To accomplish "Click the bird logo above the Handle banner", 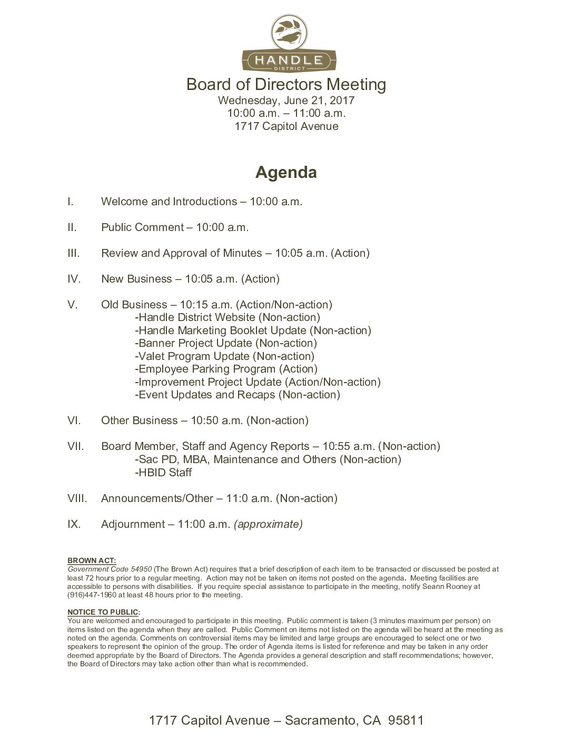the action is [286, 32].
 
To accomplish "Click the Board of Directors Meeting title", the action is [286, 84].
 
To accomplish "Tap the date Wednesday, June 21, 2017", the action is [286, 100].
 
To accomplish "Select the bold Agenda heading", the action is [286, 173].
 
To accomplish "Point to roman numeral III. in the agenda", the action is [74, 253].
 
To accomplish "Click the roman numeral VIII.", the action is [77, 498].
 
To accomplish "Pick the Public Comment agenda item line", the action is [175, 227].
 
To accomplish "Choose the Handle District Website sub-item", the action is [228, 317].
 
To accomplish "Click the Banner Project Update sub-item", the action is [226, 343].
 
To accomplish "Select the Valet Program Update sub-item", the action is [224, 356].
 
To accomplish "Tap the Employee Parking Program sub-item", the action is [226, 369].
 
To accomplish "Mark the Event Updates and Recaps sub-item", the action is [238, 395].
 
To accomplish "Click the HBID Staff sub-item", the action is [163, 473].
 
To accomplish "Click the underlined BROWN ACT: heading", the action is [92, 560].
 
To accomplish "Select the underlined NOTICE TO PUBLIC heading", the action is [103, 612].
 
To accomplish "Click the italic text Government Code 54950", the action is [110, 569].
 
